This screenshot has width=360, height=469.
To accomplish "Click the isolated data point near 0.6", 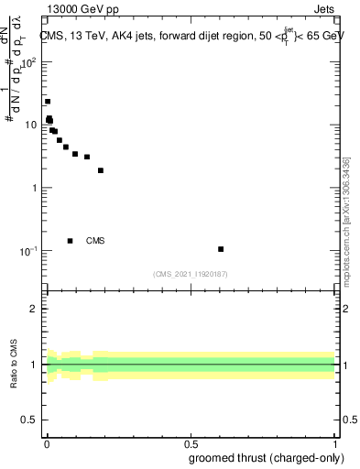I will click(x=221, y=249).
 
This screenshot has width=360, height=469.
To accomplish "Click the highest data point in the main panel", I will click(x=48, y=102).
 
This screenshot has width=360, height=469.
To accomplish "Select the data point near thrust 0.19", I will click(x=101, y=170).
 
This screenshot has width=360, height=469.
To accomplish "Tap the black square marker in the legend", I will click(x=71, y=241).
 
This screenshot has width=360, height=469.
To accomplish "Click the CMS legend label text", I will click(x=95, y=241).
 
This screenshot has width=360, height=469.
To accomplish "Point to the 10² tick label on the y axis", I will click(x=29, y=62).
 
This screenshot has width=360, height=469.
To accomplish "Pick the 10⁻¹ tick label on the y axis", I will click(x=29, y=250).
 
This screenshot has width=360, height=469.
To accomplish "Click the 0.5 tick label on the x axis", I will click(x=191, y=444).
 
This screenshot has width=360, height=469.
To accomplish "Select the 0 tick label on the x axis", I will click(x=46, y=444).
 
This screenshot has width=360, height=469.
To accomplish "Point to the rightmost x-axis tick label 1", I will click(x=335, y=444).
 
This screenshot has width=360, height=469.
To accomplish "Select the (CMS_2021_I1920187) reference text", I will click(x=190, y=273).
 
